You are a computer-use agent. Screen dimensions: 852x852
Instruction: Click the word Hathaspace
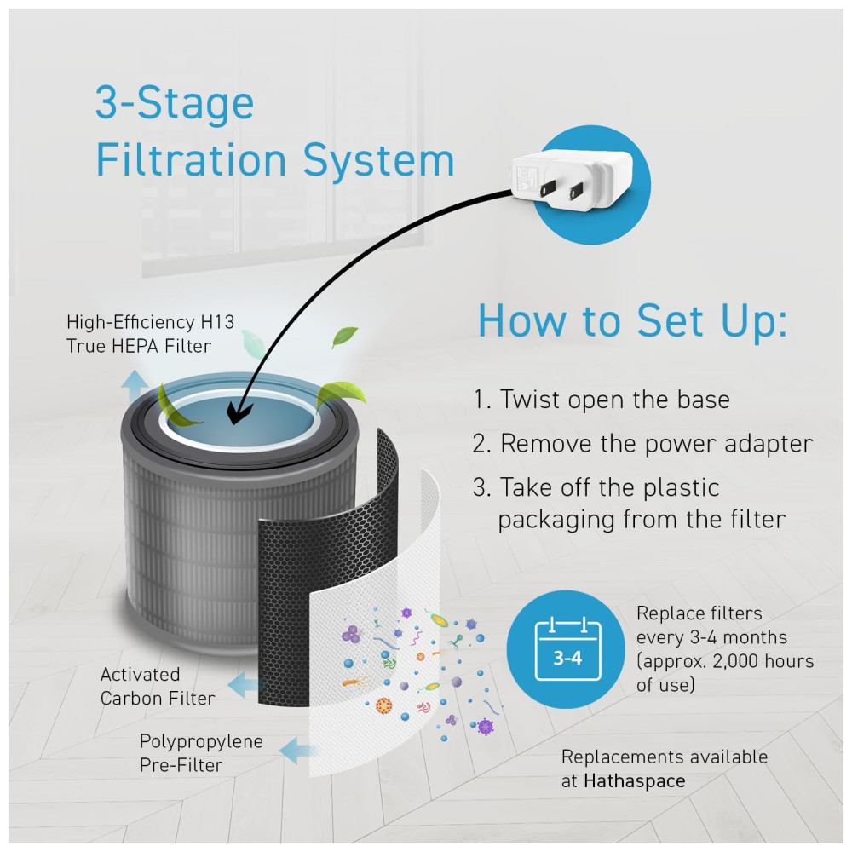click(x=634, y=780)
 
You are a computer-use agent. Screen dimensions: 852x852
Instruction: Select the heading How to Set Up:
click(x=632, y=321)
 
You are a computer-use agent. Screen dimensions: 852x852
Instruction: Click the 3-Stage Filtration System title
click(x=274, y=132)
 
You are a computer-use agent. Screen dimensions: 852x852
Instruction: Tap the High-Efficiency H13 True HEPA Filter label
click(x=151, y=334)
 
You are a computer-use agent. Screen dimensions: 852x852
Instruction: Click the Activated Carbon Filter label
click(x=158, y=686)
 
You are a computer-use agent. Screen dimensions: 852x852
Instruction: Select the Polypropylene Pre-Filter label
click(x=201, y=752)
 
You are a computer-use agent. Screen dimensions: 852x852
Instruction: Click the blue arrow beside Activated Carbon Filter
click(x=248, y=682)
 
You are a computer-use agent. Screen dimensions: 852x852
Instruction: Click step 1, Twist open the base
click(x=602, y=400)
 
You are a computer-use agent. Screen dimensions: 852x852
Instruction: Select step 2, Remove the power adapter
click(x=642, y=444)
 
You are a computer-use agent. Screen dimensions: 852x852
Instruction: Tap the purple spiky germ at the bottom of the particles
click(x=486, y=726)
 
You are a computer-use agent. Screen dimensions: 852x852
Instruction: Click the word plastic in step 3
click(x=680, y=488)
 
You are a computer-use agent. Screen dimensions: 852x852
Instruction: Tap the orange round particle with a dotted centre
click(x=384, y=705)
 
